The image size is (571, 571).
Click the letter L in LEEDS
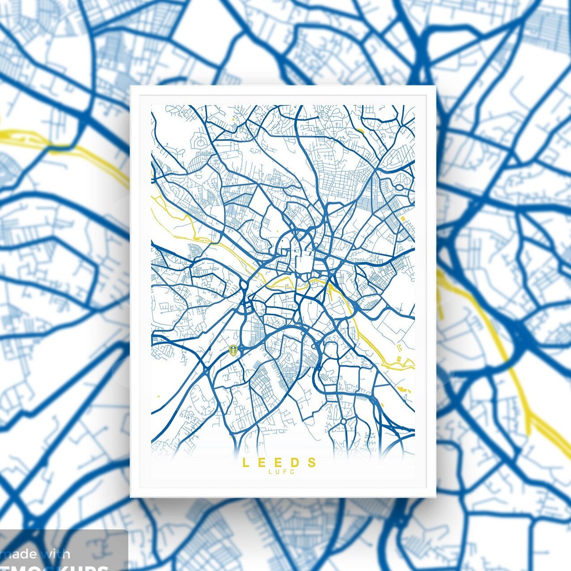coord(245,462)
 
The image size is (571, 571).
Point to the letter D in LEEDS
coord(295,462)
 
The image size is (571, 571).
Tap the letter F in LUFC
coord(286,471)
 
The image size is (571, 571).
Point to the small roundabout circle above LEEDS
coord(343,421)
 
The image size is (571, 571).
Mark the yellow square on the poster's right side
coord(403,218)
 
